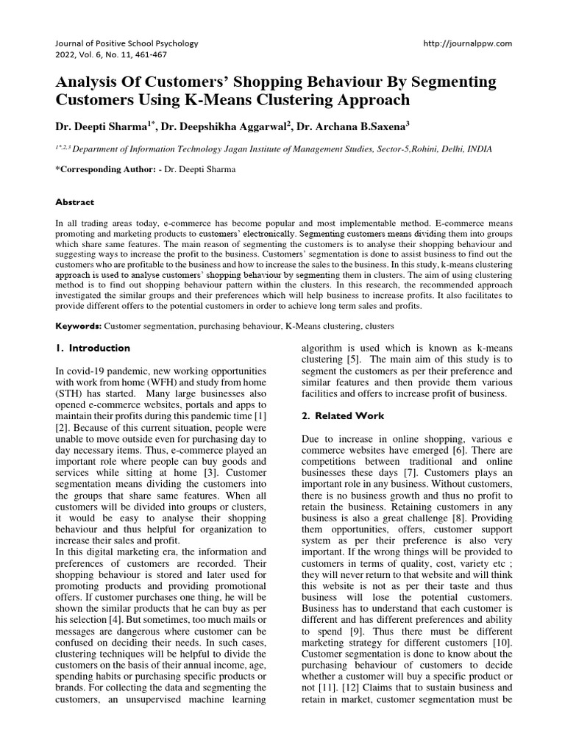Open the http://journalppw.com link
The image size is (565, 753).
(467, 43)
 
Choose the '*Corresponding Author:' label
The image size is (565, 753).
(102, 169)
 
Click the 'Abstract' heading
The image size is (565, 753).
(75, 201)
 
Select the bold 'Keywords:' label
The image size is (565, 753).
(79, 325)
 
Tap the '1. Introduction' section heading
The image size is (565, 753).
(93, 348)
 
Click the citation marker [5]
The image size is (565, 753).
(354, 360)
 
